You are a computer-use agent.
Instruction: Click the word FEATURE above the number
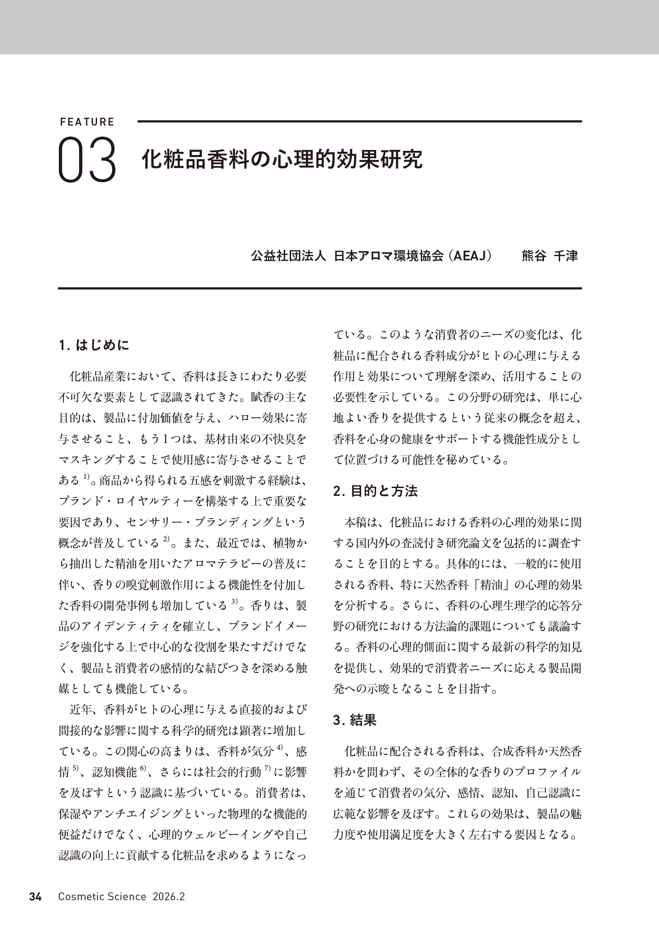pyautogui.click(x=87, y=122)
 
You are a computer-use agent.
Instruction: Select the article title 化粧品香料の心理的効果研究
pyautogui.click(x=281, y=159)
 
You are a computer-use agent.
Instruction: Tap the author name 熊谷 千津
pyautogui.click(x=550, y=256)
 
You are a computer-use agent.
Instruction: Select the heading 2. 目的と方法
pyautogui.click(x=375, y=491)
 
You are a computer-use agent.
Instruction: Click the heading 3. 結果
pyautogui.click(x=355, y=720)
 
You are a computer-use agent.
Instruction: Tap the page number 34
pyautogui.click(x=35, y=897)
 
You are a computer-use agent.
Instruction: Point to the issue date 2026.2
pyautogui.click(x=169, y=897)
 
